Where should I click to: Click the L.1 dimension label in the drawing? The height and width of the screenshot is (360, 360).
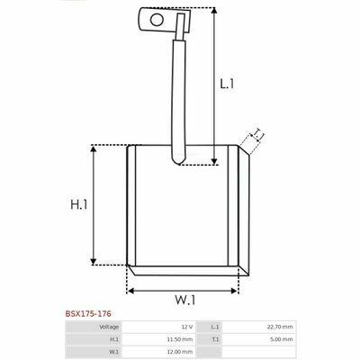(x=227, y=84)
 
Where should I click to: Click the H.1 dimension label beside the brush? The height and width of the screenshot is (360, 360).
(x=79, y=204)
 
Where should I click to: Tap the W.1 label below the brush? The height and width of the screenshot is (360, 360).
(x=185, y=300)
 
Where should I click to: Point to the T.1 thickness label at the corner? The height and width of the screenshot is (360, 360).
(x=258, y=135)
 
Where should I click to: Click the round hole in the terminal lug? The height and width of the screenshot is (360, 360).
(x=157, y=20)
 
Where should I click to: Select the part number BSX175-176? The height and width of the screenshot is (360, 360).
(x=88, y=314)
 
